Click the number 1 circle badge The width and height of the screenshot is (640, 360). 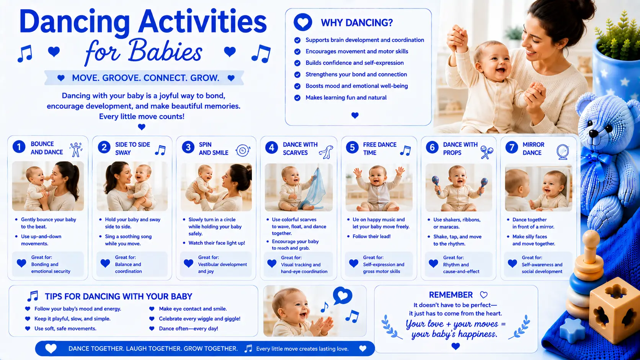[x=19, y=147]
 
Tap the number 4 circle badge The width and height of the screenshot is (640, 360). [x=271, y=147]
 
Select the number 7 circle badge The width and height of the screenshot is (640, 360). [x=511, y=147]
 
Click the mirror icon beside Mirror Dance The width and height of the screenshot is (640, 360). [x=563, y=152]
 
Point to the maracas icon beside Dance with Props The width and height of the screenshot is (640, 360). [x=487, y=152]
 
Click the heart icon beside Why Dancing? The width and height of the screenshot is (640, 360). [x=303, y=22]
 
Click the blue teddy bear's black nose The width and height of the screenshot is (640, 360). [x=594, y=133]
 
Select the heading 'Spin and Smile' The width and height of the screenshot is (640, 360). [x=214, y=149]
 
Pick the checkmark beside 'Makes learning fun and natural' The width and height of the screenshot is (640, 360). [x=297, y=98]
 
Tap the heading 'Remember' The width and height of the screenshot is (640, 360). [x=451, y=295]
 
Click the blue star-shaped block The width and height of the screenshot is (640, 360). [x=572, y=331]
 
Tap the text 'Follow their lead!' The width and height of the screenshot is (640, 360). [x=371, y=236]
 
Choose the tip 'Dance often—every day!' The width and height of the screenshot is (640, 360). [x=188, y=329]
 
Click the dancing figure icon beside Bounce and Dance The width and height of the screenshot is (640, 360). [x=76, y=149]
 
